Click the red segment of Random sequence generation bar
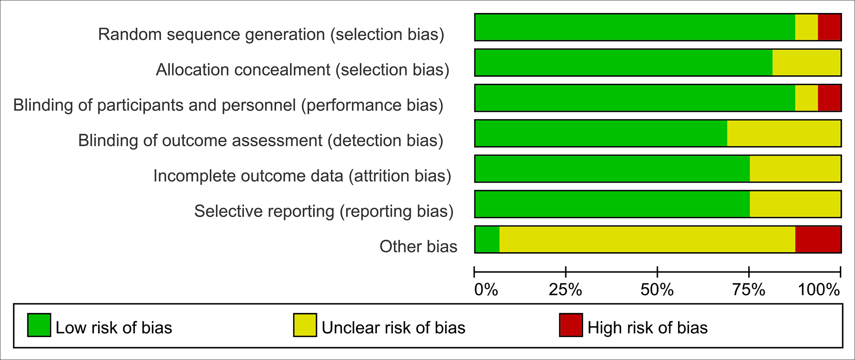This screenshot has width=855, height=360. [x=829, y=27]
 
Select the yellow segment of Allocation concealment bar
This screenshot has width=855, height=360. [x=807, y=63]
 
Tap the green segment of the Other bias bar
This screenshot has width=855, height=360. [x=487, y=239]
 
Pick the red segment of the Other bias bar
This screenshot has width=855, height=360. [x=818, y=239]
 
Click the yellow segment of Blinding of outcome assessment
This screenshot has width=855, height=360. [x=784, y=133]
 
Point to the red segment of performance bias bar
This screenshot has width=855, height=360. [x=829, y=98]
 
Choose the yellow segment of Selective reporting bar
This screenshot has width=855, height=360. [x=795, y=204]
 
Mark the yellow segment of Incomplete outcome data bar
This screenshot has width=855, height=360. [x=795, y=168]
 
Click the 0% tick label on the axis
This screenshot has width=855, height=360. [x=486, y=290]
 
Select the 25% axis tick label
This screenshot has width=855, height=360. [x=565, y=290]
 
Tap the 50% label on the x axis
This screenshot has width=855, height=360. [x=657, y=290]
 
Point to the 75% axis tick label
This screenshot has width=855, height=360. [x=749, y=290]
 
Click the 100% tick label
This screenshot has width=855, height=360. [x=819, y=290]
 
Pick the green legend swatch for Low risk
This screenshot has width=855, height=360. [x=39, y=325]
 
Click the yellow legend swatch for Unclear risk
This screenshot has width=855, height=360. [x=305, y=325]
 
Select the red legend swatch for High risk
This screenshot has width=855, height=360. [x=571, y=325]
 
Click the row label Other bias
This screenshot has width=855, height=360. [x=418, y=247]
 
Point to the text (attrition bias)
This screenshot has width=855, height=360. [x=400, y=176]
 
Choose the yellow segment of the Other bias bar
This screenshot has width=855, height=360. [x=647, y=239]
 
